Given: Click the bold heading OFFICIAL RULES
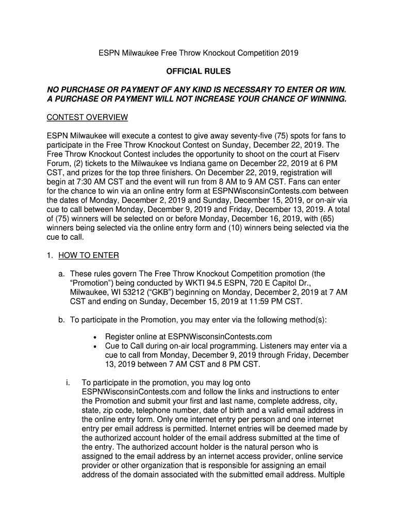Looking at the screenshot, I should click(198, 71).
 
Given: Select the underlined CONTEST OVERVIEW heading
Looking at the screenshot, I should click(87, 118).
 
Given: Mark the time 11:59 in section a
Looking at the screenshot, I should click(250, 302).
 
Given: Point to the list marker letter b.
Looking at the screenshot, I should click(61, 320).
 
